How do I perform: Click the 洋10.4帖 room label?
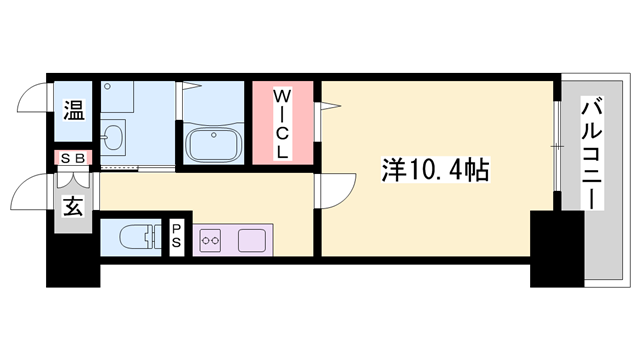coord(435,169)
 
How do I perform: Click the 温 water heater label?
coord(75,110)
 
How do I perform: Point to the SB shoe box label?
coord(74,158)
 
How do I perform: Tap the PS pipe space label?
coord(176,239)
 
